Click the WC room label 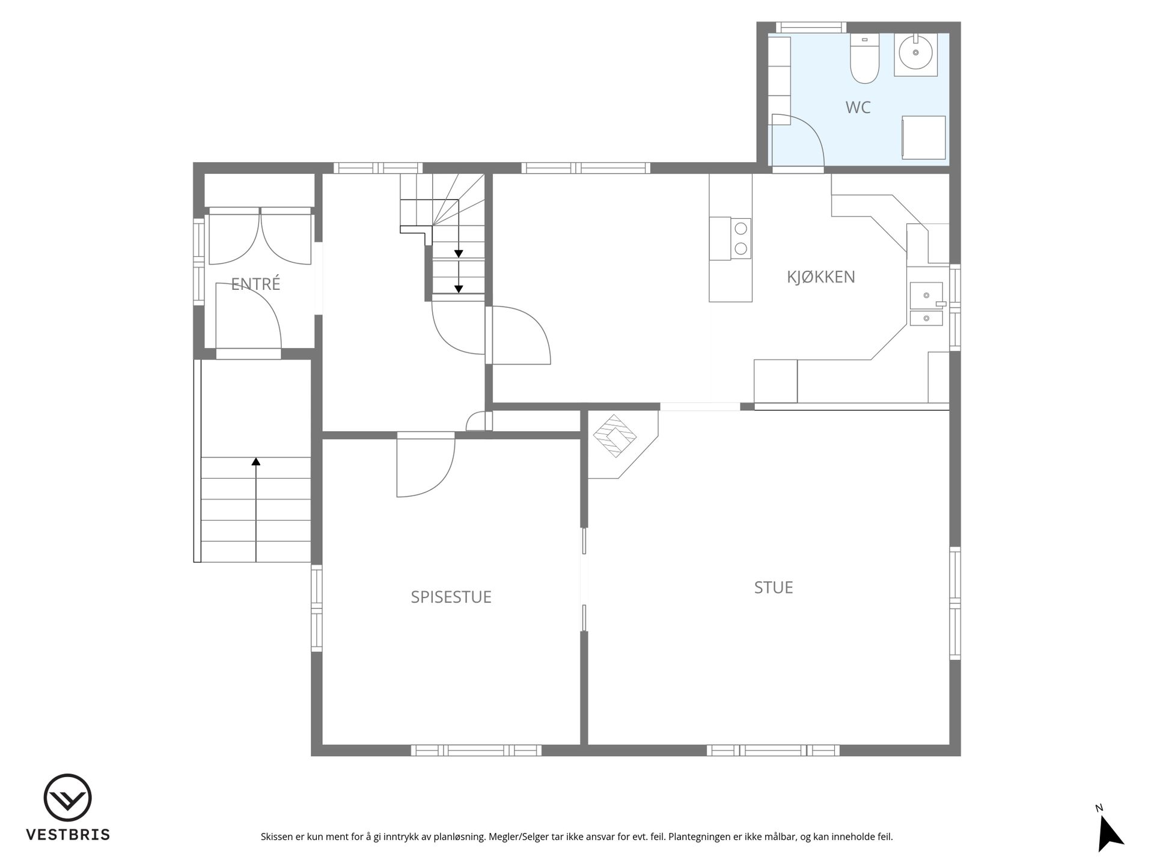tap(858, 108)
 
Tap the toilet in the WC tap(865, 58)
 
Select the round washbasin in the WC tap(916, 52)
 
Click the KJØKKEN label tap(821, 277)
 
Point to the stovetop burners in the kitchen tap(741, 239)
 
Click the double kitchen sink tap(926, 304)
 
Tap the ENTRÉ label tap(255, 283)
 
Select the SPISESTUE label tap(451, 597)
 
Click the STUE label tap(774, 587)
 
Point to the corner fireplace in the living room tap(619, 442)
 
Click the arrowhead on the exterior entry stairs tap(256, 461)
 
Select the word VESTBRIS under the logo tap(67, 835)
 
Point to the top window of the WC tap(811, 27)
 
